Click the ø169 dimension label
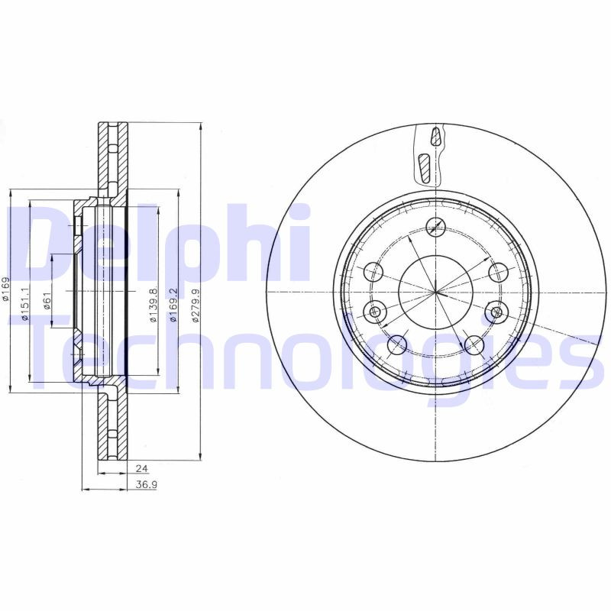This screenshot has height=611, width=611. pyautogui.click(x=6, y=292)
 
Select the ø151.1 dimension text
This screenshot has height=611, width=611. pyautogui.click(x=25, y=304)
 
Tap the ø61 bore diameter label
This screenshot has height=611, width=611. pyautogui.click(x=47, y=304)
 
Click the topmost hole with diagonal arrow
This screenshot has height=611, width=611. pyautogui.click(x=436, y=227)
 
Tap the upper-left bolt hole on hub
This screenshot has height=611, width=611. pyautogui.click(x=374, y=272)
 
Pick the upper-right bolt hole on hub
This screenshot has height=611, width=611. pyautogui.click(x=498, y=272)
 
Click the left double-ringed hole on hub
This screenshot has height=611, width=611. pyautogui.click(x=375, y=311)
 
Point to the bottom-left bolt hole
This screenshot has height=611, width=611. pyautogui.click(x=396, y=345)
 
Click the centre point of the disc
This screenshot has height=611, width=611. pyautogui.click(x=436, y=293)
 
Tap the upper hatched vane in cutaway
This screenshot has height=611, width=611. pyautogui.click(x=435, y=137)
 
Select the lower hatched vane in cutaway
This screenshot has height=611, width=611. pyautogui.click(x=425, y=167)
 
